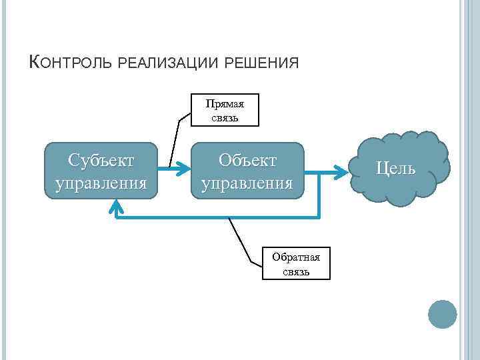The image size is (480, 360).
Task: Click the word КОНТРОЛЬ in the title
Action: (x=72, y=63)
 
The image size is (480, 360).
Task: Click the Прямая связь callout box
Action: (x=225, y=111)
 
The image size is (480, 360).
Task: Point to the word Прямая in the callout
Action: (x=225, y=104)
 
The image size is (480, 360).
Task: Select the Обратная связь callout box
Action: (x=295, y=263)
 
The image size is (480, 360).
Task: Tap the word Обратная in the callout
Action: (x=295, y=257)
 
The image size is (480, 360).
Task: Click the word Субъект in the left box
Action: (x=101, y=161)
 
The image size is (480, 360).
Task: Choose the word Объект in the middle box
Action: (x=247, y=161)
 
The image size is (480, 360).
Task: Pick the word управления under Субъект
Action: (x=101, y=182)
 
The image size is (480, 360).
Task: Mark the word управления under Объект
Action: (x=247, y=182)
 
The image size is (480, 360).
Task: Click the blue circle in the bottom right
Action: (x=441, y=314)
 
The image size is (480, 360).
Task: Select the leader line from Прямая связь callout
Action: (x=175, y=140)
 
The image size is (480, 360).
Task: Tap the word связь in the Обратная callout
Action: (x=295, y=271)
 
